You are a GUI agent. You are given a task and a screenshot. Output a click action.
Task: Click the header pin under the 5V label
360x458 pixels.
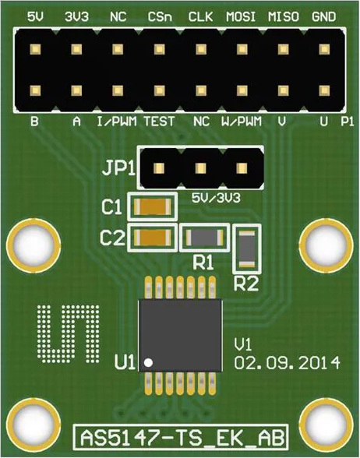tap(35, 49)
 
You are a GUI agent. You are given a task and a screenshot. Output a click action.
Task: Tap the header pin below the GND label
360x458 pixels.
tap(324, 49)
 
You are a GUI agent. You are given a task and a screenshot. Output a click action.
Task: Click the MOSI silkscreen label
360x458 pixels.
tap(241, 17)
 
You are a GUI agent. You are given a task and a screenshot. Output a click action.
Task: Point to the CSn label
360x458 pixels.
tap(160, 17)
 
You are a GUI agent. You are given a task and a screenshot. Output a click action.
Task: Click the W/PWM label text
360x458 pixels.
tap(242, 122)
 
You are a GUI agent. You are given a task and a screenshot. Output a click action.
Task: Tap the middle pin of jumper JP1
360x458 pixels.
tap(201, 168)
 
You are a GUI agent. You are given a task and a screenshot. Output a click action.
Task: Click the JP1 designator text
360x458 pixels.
tap(118, 168)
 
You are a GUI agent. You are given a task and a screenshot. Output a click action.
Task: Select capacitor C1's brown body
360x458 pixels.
tap(153, 207)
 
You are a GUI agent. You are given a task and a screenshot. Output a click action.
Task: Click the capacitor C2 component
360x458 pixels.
tap(153, 237)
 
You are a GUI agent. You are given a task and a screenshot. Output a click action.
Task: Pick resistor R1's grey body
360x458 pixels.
tap(204, 237)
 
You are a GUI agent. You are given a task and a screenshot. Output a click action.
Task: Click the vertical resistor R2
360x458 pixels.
tap(247, 249)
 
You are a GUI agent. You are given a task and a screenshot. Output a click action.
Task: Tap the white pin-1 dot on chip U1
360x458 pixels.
tap(148, 362)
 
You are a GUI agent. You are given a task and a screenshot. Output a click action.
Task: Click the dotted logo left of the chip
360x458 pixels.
tap(68, 334)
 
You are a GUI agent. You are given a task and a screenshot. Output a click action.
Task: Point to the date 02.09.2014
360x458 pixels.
tap(287, 363)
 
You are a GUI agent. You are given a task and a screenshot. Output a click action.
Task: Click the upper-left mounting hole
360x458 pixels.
tap(34, 245)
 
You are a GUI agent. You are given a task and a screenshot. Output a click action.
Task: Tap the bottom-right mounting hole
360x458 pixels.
tap(326, 425)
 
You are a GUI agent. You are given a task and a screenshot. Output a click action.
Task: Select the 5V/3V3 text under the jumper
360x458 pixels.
tap(216, 199)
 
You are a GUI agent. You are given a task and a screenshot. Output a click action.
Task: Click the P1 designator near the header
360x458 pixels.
tap(348, 122)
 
